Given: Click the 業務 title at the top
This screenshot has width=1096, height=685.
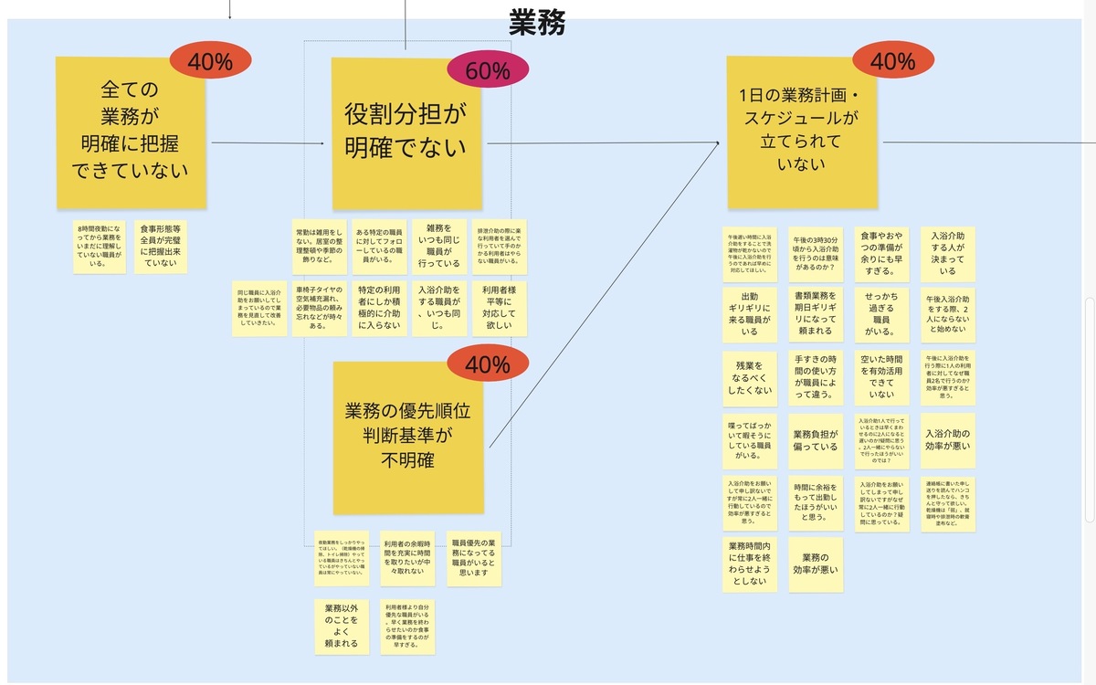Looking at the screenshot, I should [537, 21].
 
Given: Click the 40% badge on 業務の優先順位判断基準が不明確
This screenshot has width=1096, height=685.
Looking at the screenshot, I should [488, 365].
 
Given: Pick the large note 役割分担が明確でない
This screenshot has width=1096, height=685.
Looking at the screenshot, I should [405, 133].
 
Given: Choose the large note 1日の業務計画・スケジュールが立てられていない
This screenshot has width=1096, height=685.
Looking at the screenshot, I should [802, 132].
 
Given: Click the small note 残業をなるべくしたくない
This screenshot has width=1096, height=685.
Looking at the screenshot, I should [749, 378].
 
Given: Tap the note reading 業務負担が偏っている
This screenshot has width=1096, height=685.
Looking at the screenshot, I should [815, 440].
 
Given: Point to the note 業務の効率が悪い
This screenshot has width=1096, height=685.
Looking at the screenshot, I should [815, 564].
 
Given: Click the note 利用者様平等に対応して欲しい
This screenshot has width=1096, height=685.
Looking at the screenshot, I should [500, 309].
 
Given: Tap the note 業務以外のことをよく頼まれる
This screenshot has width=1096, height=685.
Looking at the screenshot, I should [341, 626].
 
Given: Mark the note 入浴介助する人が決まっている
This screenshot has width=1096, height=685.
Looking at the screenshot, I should [947, 253].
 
